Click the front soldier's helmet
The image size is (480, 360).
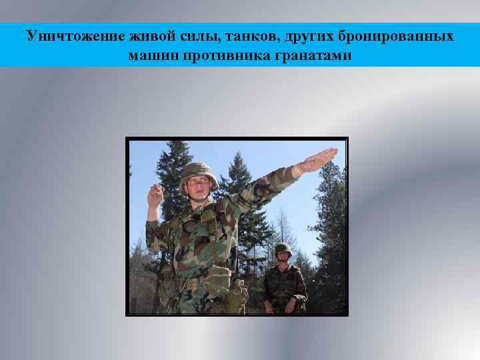(198, 172)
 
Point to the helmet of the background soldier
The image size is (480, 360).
(283, 249)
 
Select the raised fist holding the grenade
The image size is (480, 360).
(156, 195)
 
